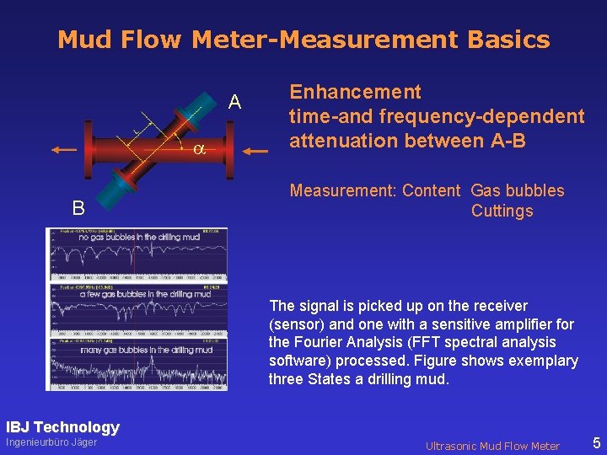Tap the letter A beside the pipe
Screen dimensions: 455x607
(235, 103)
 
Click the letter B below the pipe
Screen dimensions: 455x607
(78, 207)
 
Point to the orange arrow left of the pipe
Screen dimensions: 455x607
(63, 150)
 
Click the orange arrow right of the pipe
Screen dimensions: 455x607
(257, 152)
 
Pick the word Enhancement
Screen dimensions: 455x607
(355, 92)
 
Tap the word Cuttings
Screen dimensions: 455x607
(502, 211)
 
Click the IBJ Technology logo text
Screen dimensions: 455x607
(62, 427)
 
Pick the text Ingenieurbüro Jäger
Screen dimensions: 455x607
(51, 443)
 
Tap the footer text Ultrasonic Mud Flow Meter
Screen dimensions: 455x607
(492, 446)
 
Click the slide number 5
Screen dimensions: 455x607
(596, 442)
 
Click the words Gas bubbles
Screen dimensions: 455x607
(518, 191)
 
